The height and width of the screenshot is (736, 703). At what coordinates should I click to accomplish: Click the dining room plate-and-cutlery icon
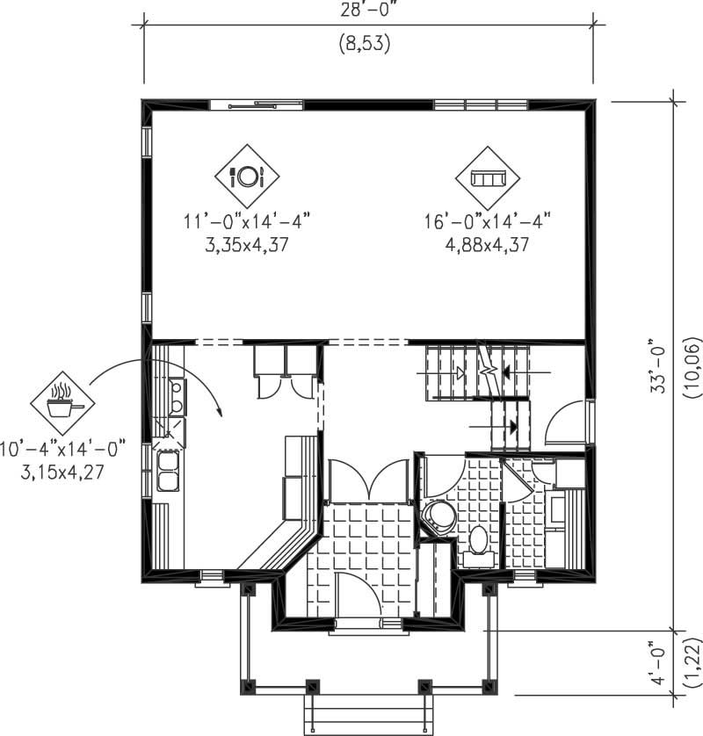click(x=247, y=177)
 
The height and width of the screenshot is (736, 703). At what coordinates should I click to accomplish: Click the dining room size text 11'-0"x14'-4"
click(x=247, y=222)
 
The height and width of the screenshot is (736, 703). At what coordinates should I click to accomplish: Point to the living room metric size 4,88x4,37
click(x=487, y=245)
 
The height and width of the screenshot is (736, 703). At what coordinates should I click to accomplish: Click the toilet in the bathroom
click(x=479, y=541)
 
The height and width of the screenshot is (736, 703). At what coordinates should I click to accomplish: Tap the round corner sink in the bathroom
click(x=436, y=516)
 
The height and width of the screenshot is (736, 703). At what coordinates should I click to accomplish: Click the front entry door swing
click(x=359, y=592)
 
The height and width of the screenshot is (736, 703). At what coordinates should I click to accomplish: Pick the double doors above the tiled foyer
click(x=370, y=480)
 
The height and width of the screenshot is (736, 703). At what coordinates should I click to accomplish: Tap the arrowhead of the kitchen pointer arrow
click(x=219, y=410)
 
